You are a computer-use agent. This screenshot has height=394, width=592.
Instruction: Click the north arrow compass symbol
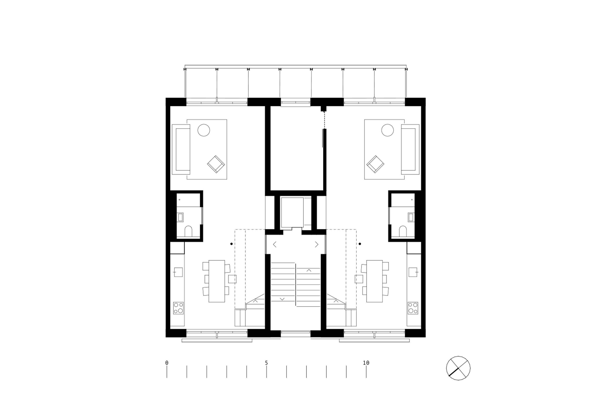point(458,368)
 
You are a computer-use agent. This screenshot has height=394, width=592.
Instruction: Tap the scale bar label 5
point(266,363)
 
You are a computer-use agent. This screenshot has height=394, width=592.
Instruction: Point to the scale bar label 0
point(167,363)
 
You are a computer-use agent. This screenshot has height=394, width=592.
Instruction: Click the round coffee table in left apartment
point(204,130)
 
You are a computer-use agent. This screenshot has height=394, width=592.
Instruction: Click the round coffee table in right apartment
point(387,130)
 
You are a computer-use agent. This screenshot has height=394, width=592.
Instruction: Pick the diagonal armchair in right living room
point(375,164)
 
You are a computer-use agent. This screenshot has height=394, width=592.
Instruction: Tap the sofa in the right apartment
point(410,149)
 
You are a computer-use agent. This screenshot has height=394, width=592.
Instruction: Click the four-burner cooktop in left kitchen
point(178,308)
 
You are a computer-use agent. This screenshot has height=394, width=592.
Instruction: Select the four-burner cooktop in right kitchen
point(413,308)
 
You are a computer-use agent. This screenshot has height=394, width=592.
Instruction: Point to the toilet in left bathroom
point(188,231)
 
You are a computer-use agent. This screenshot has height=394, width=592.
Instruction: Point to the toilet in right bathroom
point(403,231)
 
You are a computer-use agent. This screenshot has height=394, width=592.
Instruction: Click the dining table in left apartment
point(216,281)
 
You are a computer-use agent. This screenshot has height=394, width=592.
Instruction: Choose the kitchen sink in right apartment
point(413,272)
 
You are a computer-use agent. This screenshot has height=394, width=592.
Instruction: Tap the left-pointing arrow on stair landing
point(275,244)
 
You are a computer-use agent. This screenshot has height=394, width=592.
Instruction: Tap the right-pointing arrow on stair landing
point(317,244)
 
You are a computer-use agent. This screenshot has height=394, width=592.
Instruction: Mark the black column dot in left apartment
point(231,244)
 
